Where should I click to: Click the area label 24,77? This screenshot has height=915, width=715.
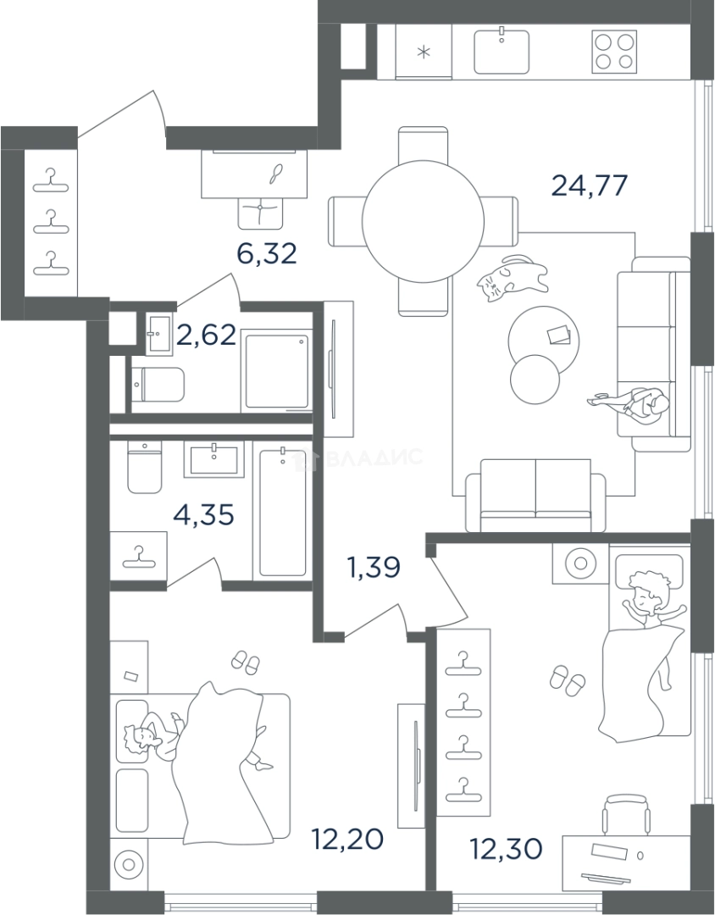[x=590, y=186]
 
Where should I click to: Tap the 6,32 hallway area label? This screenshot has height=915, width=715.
[x=267, y=253]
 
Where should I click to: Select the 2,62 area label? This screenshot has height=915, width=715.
[x=206, y=335]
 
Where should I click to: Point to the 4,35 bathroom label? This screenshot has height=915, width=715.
[x=203, y=515]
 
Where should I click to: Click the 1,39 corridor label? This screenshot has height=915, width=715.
[x=374, y=567]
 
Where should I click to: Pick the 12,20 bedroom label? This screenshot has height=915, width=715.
[x=347, y=839]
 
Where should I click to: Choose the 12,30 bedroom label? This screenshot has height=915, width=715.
[x=507, y=848]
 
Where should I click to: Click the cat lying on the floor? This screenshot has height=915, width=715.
[x=513, y=279]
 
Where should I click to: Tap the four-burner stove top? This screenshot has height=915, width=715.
[x=614, y=52]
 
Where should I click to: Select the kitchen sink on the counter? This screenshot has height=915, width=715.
[x=502, y=52]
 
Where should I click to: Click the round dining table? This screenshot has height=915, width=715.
[x=424, y=221]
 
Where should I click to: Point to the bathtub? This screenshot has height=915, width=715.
[x=282, y=513]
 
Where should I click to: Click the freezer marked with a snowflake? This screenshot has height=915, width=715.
[x=424, y=52]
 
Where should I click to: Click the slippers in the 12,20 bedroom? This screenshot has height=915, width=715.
[x=246, y=663]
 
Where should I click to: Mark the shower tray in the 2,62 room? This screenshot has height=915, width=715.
[x=276, y=371]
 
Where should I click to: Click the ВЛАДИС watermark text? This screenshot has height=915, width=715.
[x=374, y=457]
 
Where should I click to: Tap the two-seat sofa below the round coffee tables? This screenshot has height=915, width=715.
[x=535, y=496]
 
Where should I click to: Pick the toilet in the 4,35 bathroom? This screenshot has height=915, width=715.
[x=144, y=467]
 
